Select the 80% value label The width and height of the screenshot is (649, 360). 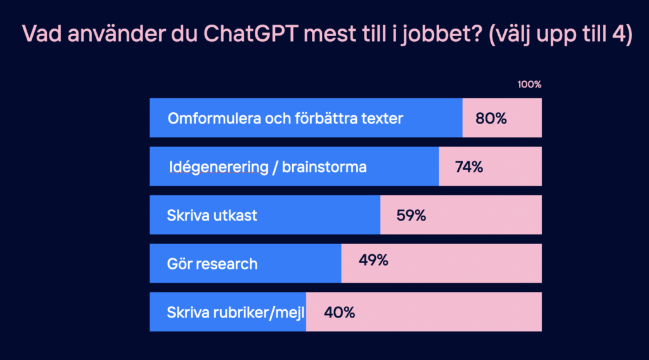pos(491,118)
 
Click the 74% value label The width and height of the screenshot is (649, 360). pos(469,167)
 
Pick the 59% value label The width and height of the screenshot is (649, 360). pos(411,215)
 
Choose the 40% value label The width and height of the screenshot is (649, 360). pos(339,312)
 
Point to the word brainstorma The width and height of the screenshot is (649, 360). pos(324,167)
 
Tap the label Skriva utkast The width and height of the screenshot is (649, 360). pos(212,215)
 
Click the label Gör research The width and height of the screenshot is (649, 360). pos(212,264)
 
